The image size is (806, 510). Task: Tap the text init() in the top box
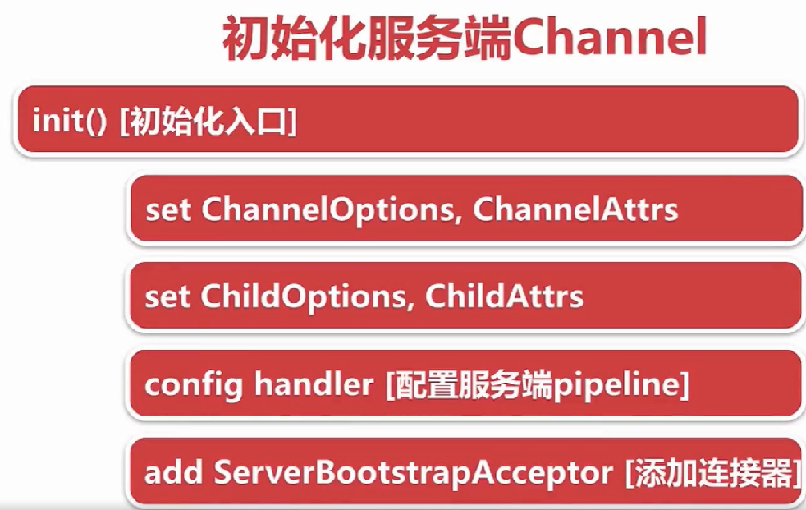[70, 121]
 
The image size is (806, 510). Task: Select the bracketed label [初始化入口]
[208, 122]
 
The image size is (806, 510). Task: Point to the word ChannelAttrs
[575, 209]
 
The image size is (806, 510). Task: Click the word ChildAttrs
[504, 296]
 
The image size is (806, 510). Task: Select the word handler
[314, 384]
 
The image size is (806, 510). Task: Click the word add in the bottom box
[173, 472]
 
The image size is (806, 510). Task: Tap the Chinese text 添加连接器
[715, 473]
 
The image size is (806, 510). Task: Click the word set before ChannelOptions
[168, 211]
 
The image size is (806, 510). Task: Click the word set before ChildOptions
[167, 298]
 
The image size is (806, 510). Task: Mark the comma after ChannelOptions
[459, 221]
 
